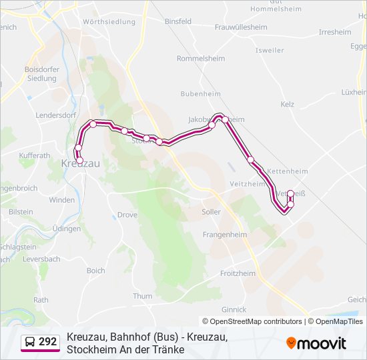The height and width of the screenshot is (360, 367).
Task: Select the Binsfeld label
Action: (x=177, y=21)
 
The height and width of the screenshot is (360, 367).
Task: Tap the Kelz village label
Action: (x=288, y=105)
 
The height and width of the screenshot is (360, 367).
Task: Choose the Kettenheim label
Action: (x=287, y=171)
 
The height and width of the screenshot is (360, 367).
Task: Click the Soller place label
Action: (x=211, y=212)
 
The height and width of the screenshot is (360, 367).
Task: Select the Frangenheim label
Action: (x=225, y=235)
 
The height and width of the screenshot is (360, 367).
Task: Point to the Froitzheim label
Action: (x=238, y=273)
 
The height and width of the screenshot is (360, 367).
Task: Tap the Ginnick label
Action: (x=234, y=309)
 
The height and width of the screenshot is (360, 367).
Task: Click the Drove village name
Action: (x=127, y=215)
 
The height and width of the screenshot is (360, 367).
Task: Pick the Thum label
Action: (x=143, y=296)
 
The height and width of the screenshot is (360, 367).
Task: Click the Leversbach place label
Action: (x=41, y=259)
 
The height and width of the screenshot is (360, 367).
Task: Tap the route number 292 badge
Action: (x=41, y=342)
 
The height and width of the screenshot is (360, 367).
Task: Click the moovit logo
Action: (x=316, y=343)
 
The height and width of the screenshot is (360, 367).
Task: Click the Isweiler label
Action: (x=270, y=50)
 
